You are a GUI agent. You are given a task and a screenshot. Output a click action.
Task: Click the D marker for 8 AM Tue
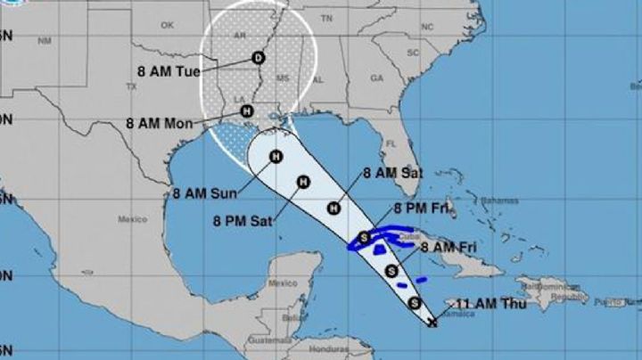point(259,58)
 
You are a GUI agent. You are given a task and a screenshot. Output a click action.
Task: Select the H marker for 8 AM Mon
point(247,111)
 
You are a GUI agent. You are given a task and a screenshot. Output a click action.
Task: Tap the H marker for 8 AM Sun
point(276,158)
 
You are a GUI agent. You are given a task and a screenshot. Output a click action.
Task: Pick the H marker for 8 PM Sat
point(302,183)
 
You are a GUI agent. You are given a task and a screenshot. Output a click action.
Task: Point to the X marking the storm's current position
point(432,322)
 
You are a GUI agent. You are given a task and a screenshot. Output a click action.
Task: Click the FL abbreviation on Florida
point(390,143)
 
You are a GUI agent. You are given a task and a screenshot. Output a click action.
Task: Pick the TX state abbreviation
point(132,86)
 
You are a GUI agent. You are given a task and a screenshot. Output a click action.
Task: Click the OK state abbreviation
point(166,26)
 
